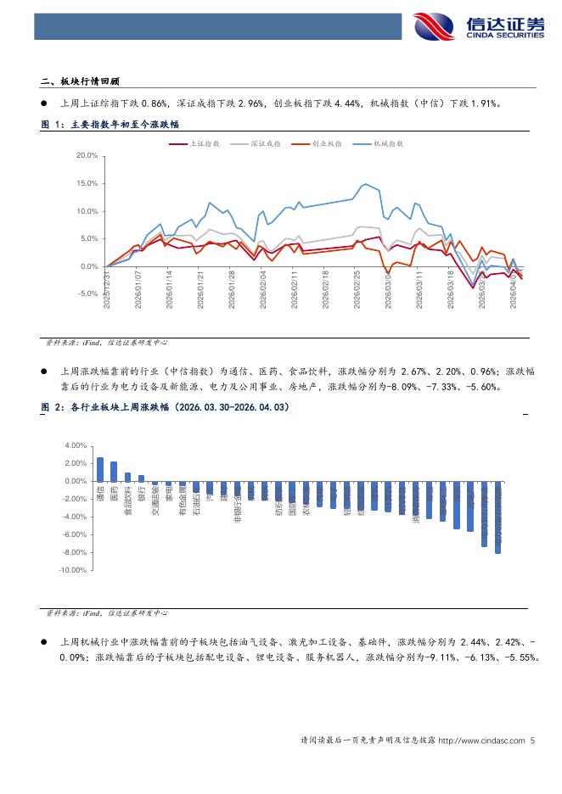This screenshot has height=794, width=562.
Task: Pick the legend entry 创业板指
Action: click(x=327, y=144)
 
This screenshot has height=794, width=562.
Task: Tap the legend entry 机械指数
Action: click(x=388, y=144)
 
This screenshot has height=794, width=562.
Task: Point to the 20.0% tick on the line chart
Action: click(x=87, y=156)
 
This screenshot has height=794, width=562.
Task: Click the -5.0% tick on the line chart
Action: click(x=87, y=294)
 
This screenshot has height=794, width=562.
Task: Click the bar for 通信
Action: click(x=100, y=470)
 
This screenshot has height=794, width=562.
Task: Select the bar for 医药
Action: click(x=114, y=472)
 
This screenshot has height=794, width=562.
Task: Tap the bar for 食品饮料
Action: click(x=127, y=477)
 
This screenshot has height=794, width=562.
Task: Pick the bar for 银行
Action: click(x=141, y=478)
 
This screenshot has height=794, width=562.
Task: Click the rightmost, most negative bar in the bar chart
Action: click(x=497, y=517)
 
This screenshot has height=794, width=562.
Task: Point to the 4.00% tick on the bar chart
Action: click(x=76, y=445)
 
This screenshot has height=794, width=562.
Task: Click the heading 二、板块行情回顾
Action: click(x=81, y=82)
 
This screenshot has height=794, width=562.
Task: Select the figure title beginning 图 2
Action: click(x=166, y=408)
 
